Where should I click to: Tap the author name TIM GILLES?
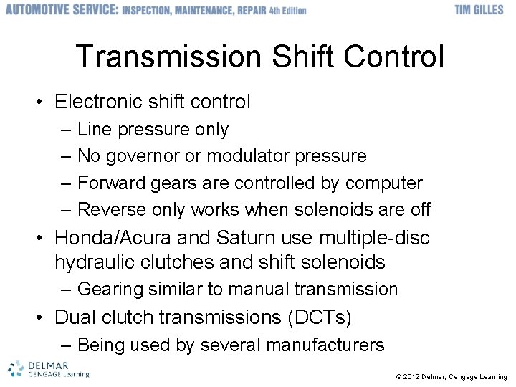[479, 10]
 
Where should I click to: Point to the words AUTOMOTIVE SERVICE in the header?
[59, 10]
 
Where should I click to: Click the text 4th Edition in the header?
[282, 11]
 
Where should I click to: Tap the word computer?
[383, 183]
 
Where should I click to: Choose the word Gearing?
[110, 290]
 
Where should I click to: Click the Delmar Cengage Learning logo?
[48, 368]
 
